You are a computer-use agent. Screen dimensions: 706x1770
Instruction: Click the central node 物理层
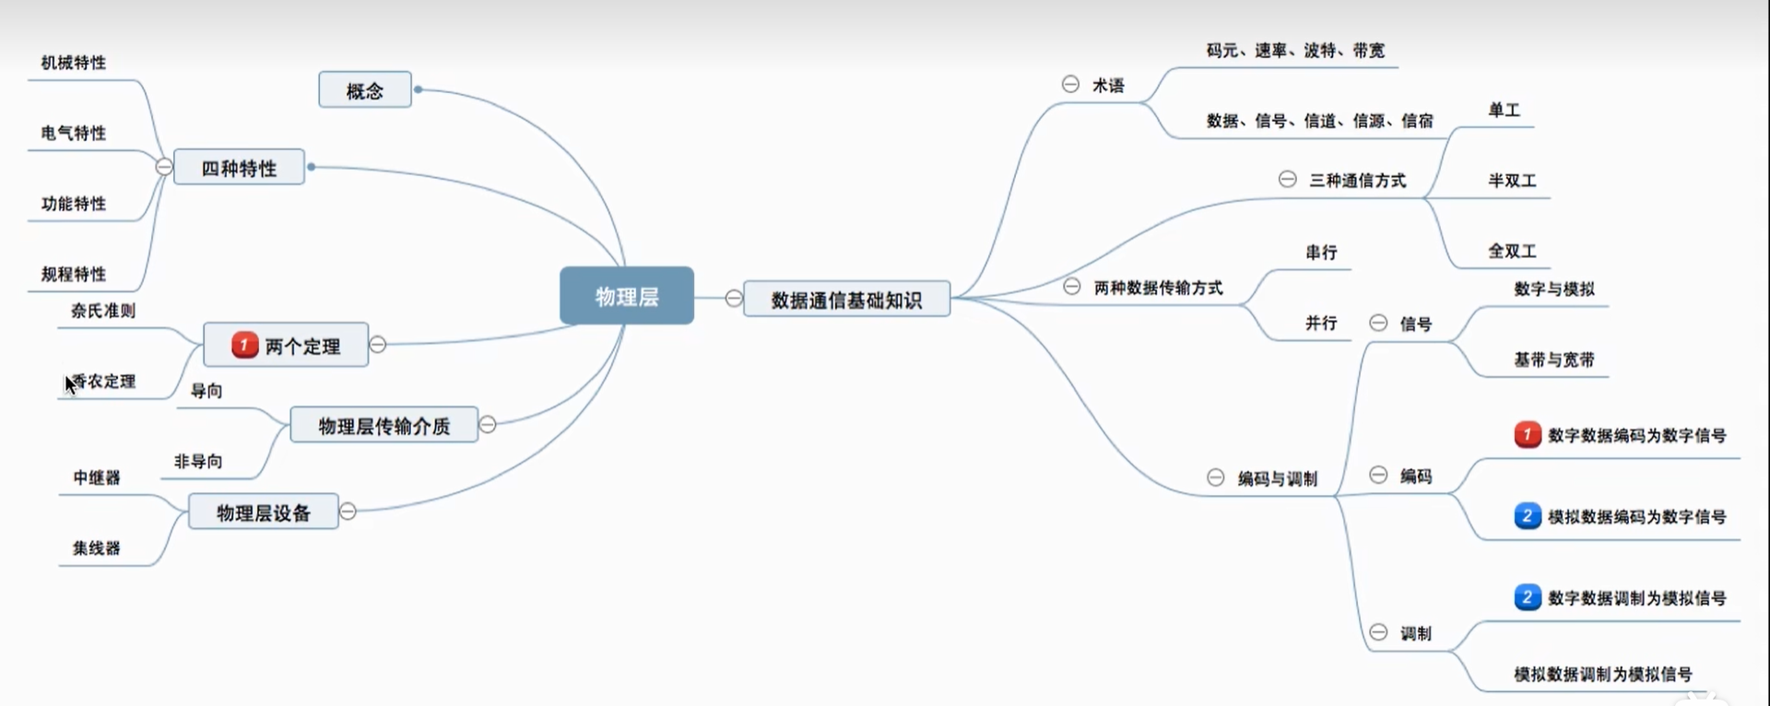point(627,296)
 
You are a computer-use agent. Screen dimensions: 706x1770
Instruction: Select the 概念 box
point(365,90)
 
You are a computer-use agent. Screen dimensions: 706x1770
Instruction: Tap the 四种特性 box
point(239,168)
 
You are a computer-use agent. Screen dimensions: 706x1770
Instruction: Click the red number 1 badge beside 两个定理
point(244,345)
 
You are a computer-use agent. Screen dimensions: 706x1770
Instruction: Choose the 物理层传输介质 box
point(384,425)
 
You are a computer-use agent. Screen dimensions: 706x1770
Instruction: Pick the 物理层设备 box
point(264,512)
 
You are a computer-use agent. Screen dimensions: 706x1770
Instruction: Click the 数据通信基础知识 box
point(846,300)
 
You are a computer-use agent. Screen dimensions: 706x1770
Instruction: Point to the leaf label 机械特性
point(74,63)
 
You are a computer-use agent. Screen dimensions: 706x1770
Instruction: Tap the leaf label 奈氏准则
point(103,311)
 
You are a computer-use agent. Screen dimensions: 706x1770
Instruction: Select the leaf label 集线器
point(97,548)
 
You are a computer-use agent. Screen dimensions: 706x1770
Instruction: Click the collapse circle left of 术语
point(1070,84)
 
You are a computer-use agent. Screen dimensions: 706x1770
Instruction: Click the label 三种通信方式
point(1357,180)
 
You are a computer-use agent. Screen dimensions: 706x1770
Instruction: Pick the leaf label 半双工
point(1512,181)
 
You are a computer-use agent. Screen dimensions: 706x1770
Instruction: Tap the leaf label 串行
point(1321,252)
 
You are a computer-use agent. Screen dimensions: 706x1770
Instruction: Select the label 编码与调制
point(1277,478)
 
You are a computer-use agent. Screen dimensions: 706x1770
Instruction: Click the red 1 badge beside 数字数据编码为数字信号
point(1527,434)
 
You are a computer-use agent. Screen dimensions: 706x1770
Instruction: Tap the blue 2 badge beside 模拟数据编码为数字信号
point(1527,516)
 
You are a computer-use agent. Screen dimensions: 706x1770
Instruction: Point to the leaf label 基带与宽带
point(1553,359)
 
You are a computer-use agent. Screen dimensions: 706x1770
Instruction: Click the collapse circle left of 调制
point(1378,632)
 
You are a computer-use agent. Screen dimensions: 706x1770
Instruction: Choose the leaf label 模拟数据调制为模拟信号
point(1603,674)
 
